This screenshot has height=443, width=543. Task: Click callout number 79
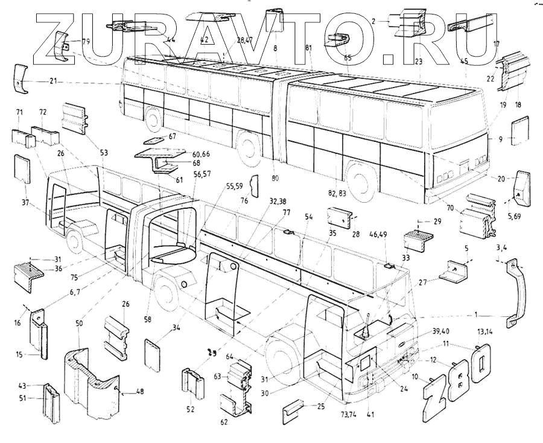coord(86,42)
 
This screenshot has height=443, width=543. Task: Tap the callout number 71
coord(19,113)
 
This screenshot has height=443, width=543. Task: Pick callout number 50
coord(79,324)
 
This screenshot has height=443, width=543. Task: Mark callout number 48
coord(140,392)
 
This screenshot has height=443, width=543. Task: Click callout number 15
coord(19,354)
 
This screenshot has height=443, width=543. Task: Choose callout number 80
coord(276,178)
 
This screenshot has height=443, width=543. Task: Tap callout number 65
coord(347,58)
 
